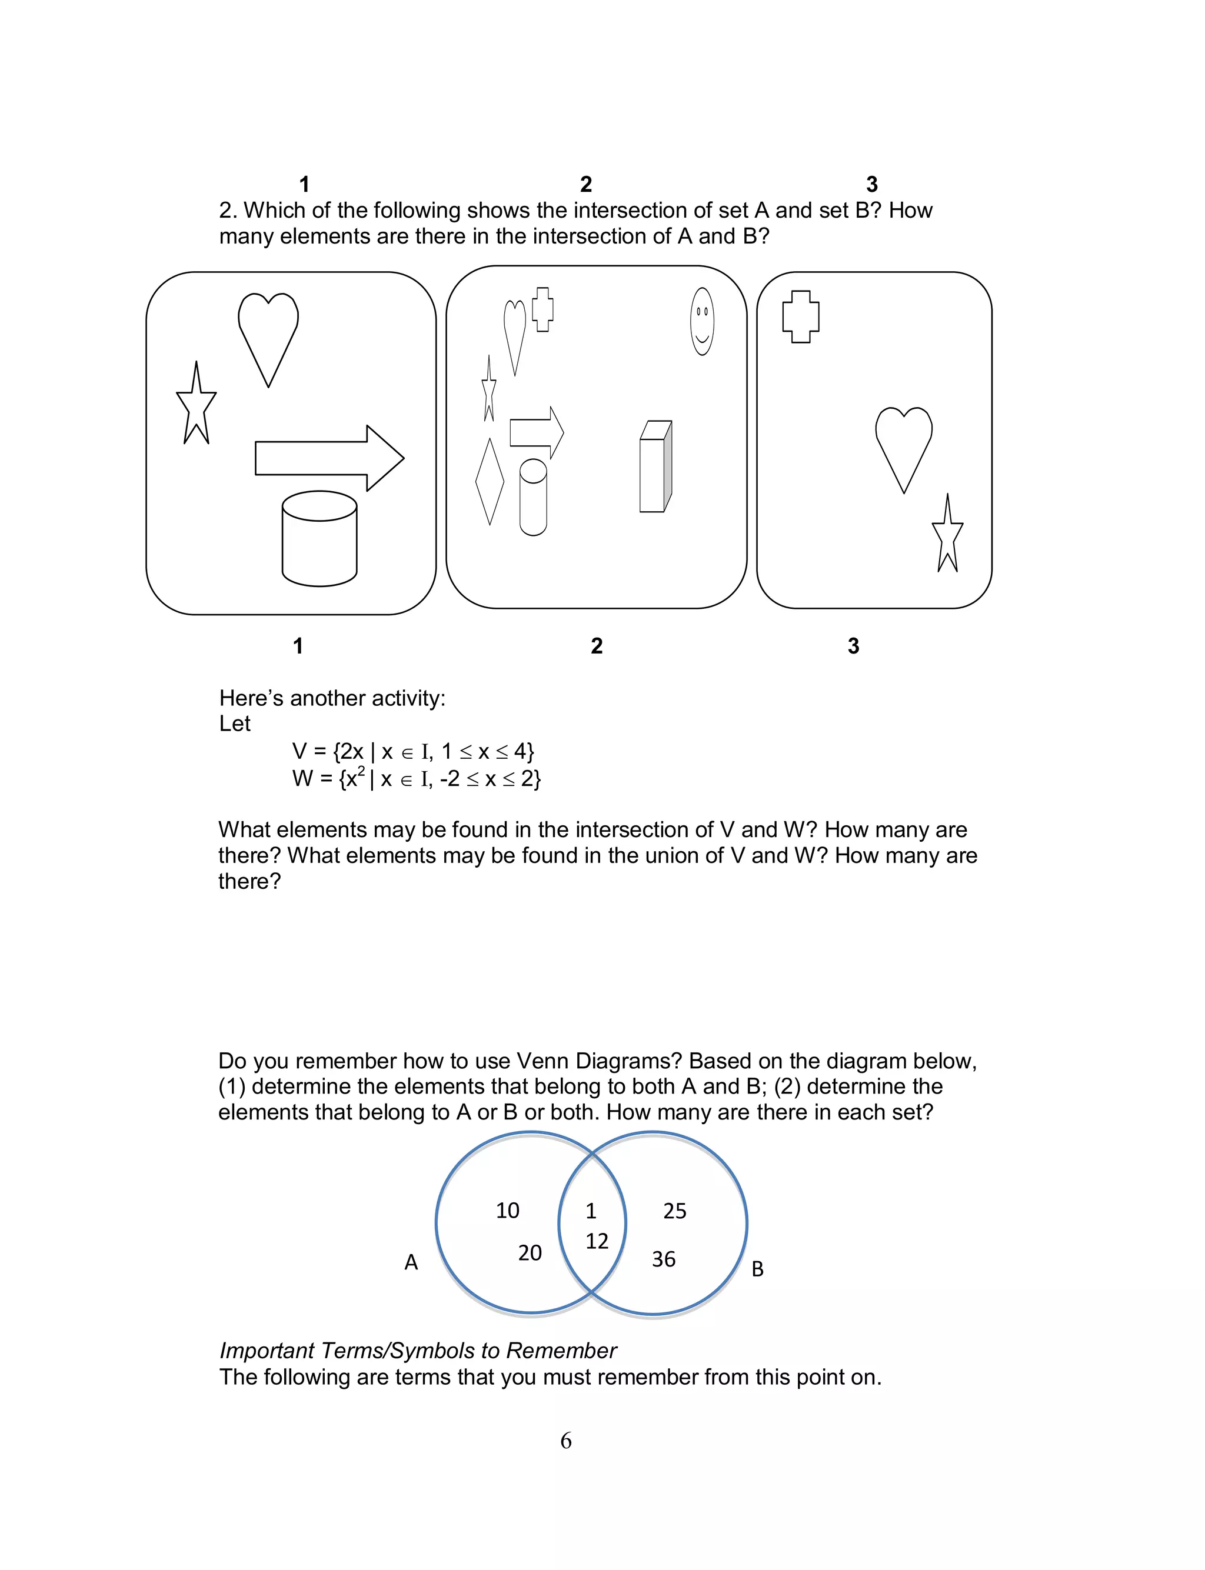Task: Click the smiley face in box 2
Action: pos(701,321)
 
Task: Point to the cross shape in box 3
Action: pos(800,316)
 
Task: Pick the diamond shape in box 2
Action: pos(490,481)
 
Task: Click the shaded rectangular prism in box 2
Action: pos(655,466)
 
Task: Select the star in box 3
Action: pos(947,536)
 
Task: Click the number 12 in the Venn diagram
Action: pos(597,1241)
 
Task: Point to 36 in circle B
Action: pos(664,1259)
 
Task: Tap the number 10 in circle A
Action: pos(507,1210)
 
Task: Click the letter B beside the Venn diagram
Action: pos(757,1269)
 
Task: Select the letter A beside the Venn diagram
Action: pos(411,1262)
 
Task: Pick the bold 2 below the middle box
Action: pos(597,646)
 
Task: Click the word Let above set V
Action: pos(235,724)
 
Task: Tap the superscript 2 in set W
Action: pos(361,771)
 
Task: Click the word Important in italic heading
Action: pos(267,1351)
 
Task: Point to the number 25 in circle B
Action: pos(674,1211)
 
